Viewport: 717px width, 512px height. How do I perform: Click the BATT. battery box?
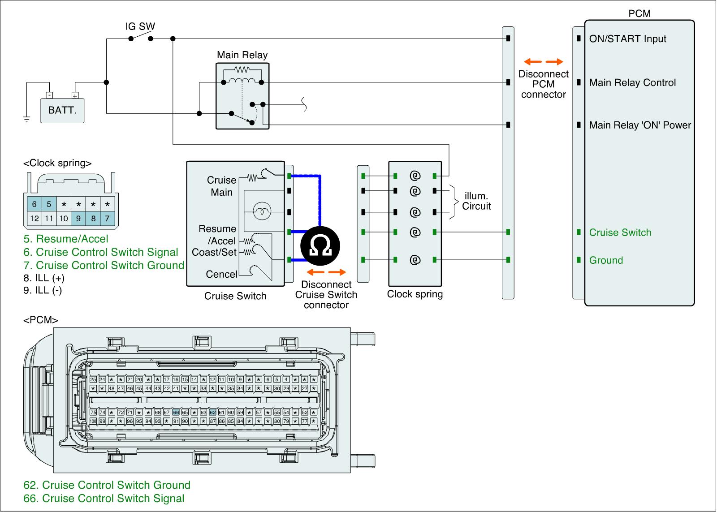pyautogui.click(x=62, y=110)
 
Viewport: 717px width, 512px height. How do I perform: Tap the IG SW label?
pyautogui.click(x=140, y=26)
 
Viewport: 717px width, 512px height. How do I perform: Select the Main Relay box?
pyautogui.click(x=242, y=96)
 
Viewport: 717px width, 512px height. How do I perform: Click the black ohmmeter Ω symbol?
pyautogui.click(x=320, y=246)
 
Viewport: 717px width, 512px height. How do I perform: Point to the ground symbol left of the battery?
pyautogui.click(x=26, y=119)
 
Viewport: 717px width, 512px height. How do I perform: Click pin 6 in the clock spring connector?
pyautogui.click(x=34, y=204)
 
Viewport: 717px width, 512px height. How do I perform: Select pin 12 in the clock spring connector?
pyautogui.click(x=34, y=219)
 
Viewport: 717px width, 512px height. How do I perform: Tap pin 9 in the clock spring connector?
pyautogui.click(x=78, y=219)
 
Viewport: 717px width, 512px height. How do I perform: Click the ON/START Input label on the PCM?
pyautogui.click(x=627, y=39)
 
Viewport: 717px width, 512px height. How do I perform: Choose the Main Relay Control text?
pyautogui.click(x=632, y=83)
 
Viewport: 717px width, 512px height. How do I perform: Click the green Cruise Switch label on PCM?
pyautogui.click(x=620, y=232)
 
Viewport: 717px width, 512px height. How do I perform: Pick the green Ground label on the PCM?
pyautogui.click(x=606, y=260)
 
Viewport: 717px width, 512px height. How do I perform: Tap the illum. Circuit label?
pyautogui.click(x=476, y=201)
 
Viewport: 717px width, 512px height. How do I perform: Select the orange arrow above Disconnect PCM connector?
pyautogui.click(x=543, y=62)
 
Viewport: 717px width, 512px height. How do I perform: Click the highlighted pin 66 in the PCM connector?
pyautogui.click(x=176, y=412)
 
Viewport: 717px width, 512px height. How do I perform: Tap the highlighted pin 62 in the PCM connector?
pyautogui.click(x=212, y=412)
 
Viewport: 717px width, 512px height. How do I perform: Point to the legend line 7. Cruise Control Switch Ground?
pyautogui.click(x=104, y=265)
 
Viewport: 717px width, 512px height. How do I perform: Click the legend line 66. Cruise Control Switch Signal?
pyautogui.click(x=104, y=498)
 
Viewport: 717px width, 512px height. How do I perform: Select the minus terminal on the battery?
pyautogui.click(x=49, y=95)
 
